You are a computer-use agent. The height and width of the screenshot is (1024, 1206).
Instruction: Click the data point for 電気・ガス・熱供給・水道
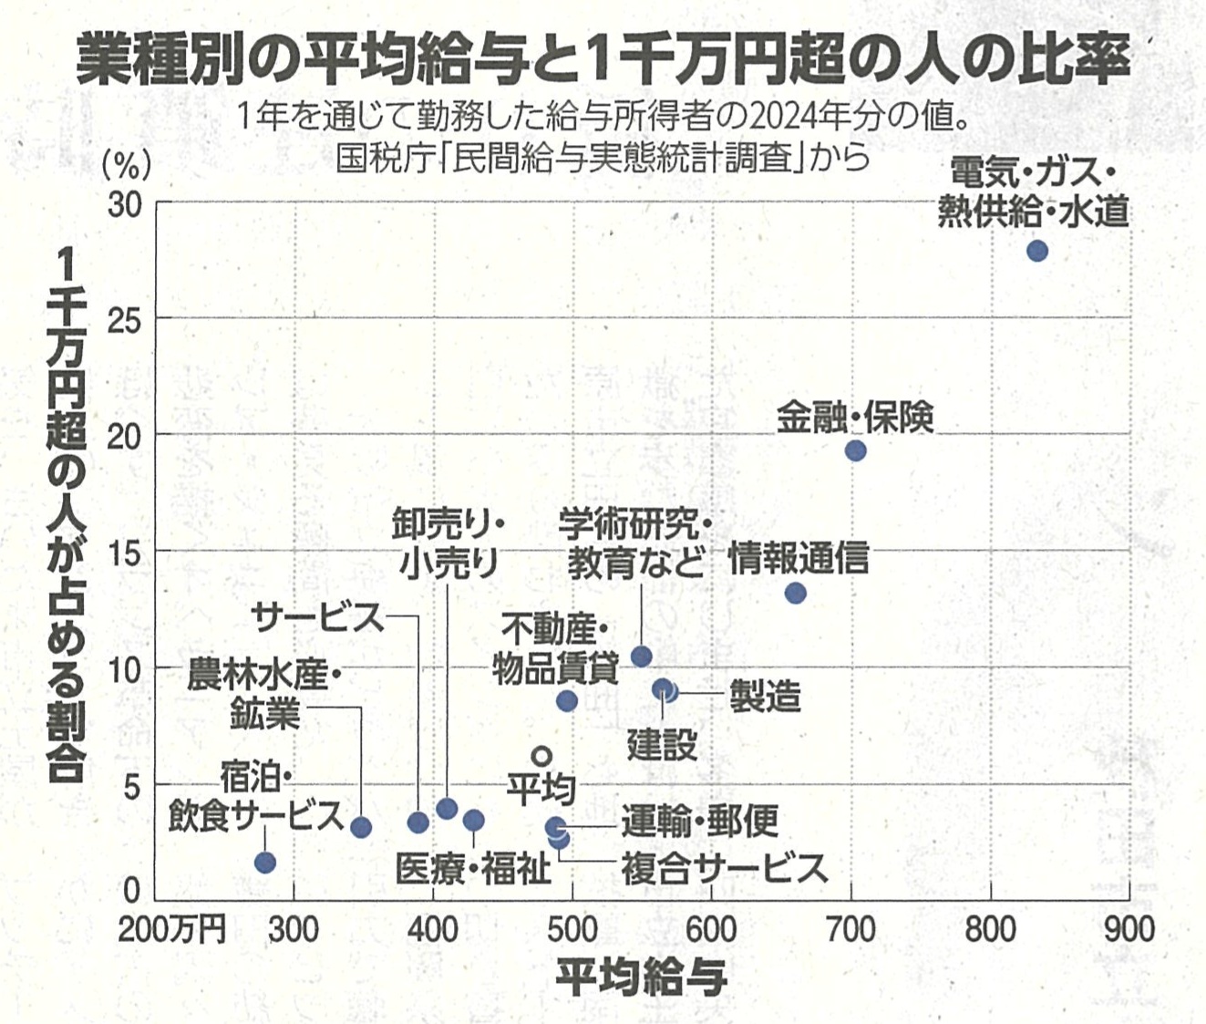(1036, 251)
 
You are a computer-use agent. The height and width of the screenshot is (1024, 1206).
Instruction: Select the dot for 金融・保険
(855, 450)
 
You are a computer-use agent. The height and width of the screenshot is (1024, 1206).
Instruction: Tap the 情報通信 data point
(795, 594)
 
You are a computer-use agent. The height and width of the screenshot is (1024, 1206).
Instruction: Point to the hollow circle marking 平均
(541, 756)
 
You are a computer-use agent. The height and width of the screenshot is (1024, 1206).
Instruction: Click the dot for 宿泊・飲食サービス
(265, 863)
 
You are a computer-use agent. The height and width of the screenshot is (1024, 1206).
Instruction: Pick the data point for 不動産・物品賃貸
(566, 700)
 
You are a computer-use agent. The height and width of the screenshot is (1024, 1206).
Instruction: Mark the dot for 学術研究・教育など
(642, 657)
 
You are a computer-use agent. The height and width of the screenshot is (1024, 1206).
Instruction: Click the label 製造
(765, 698)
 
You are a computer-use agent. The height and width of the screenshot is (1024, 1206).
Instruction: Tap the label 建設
(662, 745)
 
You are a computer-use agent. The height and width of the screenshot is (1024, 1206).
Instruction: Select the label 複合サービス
(724, 868)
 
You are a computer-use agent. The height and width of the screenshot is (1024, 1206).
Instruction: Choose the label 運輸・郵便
(700, 822)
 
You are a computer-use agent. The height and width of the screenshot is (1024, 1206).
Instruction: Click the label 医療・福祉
(474, 869)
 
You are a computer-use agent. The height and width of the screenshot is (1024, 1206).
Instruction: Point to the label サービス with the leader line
(318, 617)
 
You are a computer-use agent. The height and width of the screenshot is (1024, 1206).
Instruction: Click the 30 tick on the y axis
(126, 205)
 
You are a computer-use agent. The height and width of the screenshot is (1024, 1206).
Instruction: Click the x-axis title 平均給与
(641, 978)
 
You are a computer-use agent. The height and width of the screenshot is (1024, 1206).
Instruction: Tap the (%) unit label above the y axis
(126, 165)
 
